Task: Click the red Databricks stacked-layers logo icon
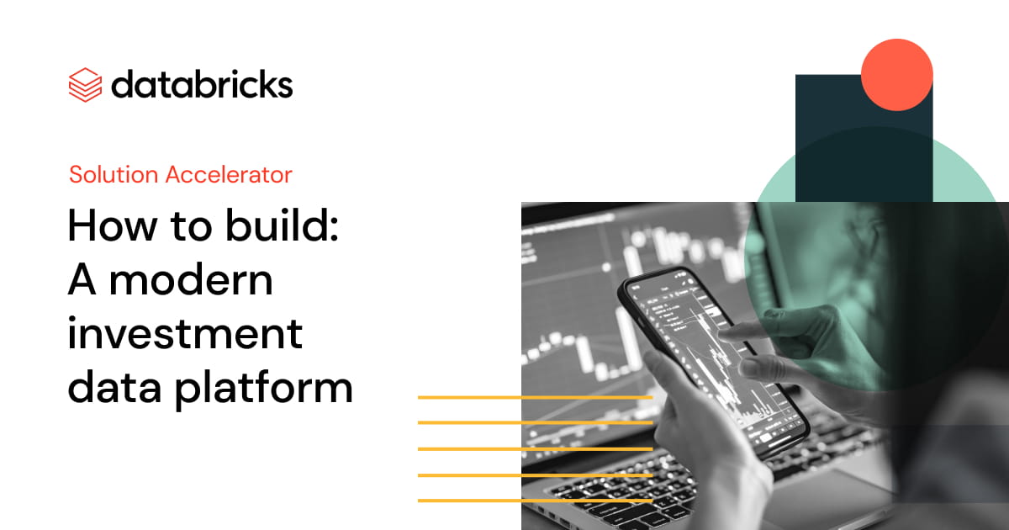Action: click(x=84, y=84)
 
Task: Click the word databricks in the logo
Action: click(x=202, y=85)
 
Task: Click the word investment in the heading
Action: click(x=185, y=334)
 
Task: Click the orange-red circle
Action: click(x=897, y=75)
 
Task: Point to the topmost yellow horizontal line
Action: click(x=535, y=396)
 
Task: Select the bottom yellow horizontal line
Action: click(x=535, y=501)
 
